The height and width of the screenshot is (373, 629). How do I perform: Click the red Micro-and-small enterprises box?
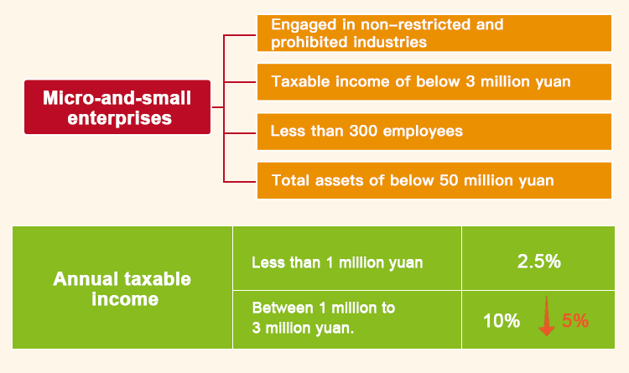coord(117,107)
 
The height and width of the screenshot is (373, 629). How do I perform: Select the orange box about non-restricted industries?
coord(434,34)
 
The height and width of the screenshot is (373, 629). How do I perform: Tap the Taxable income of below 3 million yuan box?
coord(434,82)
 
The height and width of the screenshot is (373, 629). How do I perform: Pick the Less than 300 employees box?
coord(434,132)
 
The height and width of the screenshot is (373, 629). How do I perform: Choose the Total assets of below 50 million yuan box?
coord(434,180)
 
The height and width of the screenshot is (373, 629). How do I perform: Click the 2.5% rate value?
coord(538,262)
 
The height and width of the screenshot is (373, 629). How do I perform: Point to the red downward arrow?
coord(546,316)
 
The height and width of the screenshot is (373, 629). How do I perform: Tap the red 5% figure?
coord(574,320)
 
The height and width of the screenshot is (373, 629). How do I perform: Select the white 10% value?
coord(502,321)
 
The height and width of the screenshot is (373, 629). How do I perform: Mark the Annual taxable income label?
coord(122,289)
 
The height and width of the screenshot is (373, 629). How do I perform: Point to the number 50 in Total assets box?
coord(449,180)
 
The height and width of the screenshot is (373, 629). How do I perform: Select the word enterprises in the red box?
coord(120,118)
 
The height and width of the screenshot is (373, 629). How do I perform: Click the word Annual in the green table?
coord(86,279)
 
